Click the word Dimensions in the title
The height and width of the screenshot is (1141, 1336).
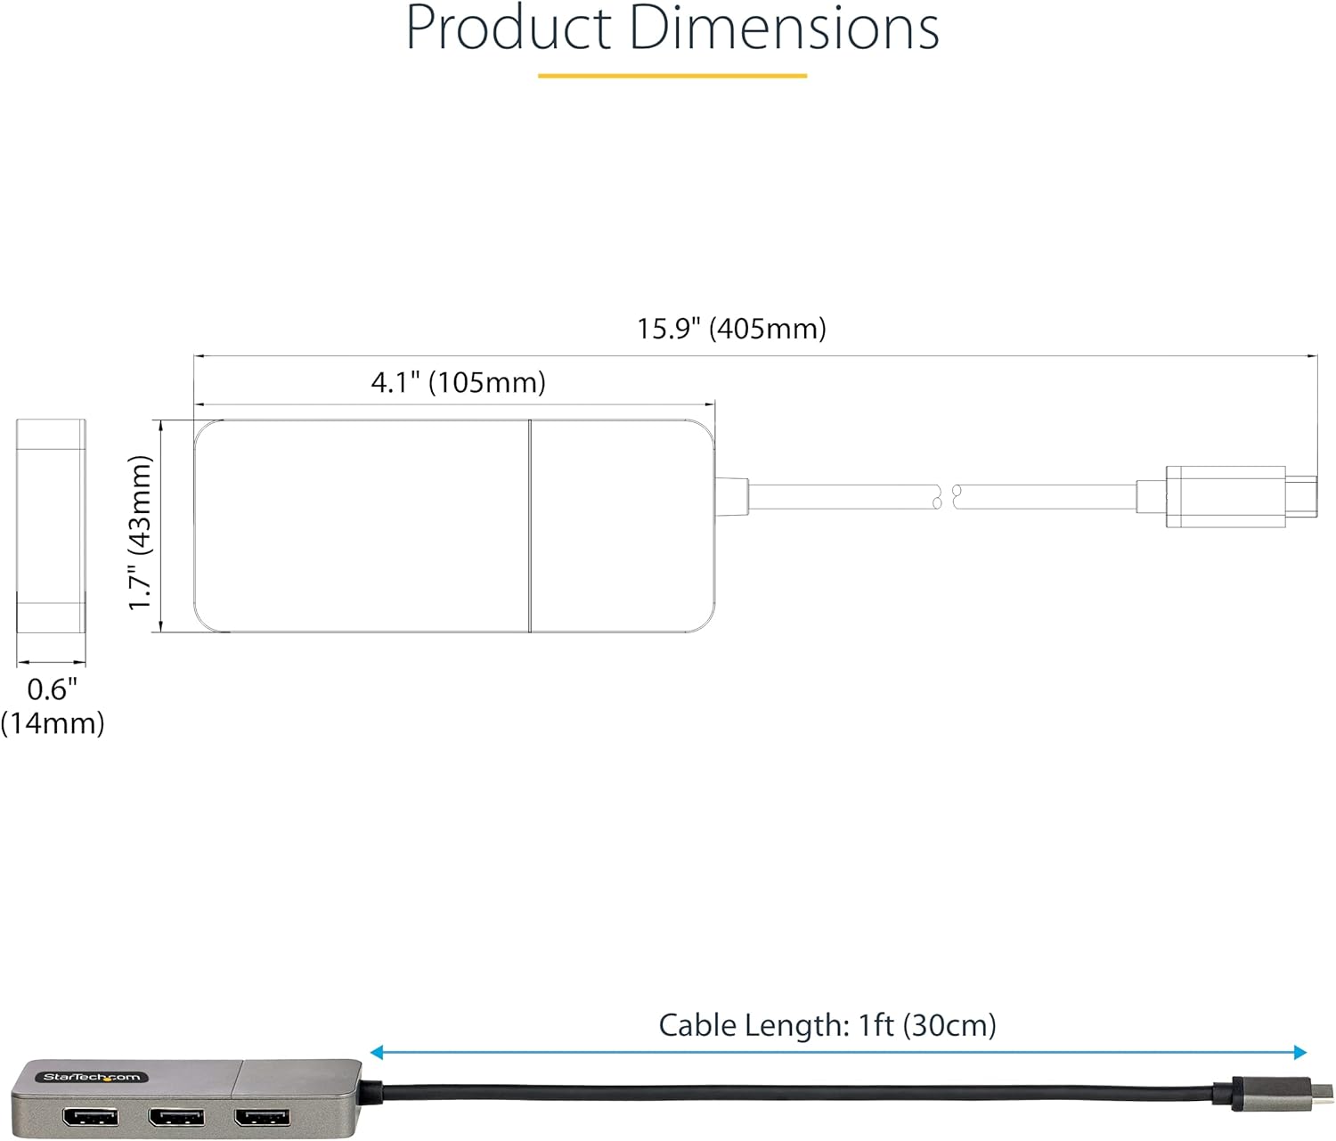pyautogui.click(x=784, y=29)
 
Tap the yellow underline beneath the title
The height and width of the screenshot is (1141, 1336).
pyautogui.click(x=672, y=76)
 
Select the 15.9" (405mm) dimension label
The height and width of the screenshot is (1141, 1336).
pyautogui.click(x=731, y=329)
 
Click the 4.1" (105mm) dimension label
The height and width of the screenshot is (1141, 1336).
pyautogui.click(x=458, y=382)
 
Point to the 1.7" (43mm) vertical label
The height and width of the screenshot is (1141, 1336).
pyautogui.click(x=140, y=532)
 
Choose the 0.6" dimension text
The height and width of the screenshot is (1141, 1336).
pyautogui.click(x=52, y=689)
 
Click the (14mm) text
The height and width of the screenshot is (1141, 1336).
pyautogui.click(x=52, y=722)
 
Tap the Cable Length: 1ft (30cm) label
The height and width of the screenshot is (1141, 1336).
pyautogui.click(x=827, y=1025)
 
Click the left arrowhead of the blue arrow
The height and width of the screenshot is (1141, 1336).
pyautogui.click(x=377, y=1053)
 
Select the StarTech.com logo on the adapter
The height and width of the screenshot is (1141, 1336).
pyautogui.click(x=92, y=1077)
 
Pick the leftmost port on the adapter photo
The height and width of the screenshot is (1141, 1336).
pyautogui.click(x=90, y=1116)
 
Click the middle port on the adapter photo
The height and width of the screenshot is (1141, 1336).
pyautogui.click(x=175, y=1116)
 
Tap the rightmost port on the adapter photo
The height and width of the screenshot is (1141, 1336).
pyautogui.click(x=261, y=1116)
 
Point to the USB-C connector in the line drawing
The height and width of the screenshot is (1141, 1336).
pyautogui.click(x=1238, y=496)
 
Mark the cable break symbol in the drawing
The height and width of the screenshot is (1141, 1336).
pyautogui.click(x=946, y=496)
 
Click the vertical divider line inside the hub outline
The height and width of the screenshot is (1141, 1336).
pyautogui.click(x=530, y=526)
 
